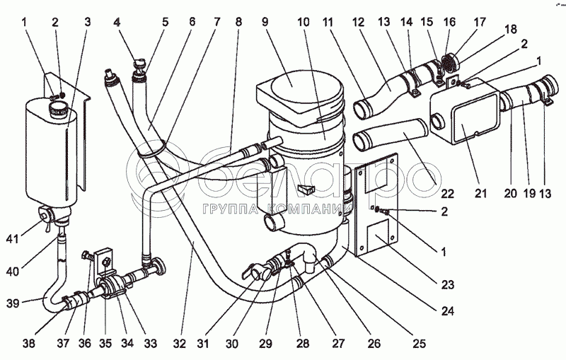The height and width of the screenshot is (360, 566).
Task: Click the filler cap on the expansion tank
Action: click(x=58, y=109)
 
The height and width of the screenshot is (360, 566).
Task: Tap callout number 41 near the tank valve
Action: click(x=12, y=238)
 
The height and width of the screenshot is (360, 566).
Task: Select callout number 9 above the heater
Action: click(x=265, y=22)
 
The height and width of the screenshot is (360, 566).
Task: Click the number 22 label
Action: click(x=447, y=194)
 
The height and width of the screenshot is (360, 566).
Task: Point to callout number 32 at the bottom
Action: click(x=180, y=344)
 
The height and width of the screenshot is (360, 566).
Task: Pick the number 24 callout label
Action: click(x=448, y=310)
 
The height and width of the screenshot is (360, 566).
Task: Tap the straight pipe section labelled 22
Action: click(x=391, y=134)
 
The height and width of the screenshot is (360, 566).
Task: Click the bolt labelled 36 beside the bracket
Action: click(x=87, y=256)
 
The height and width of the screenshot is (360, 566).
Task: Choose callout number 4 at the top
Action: click(x=117, y=22)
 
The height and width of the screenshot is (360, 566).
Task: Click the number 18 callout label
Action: click(x=511, y=29)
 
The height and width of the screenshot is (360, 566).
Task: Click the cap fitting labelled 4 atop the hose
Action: click(x=139, y=65)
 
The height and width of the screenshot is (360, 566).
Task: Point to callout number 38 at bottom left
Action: click(x=29, y=344)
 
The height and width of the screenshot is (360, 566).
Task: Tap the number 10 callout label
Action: click(x=304, y=22)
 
